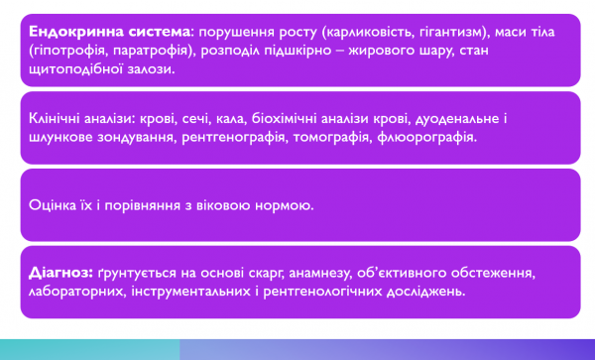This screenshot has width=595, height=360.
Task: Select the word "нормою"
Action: click(x=286, y=206)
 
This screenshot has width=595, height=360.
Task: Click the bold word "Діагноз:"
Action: click(x=62, y=273)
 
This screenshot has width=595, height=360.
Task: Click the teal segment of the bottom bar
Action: click(x=89, y=349)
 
